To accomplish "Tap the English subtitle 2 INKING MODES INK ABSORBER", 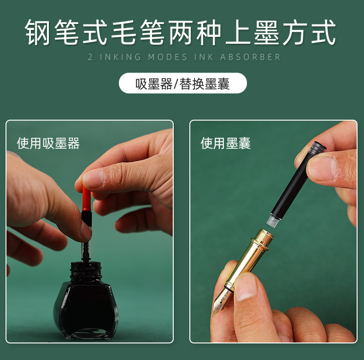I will [184, 57].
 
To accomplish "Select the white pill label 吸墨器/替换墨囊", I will [182, 83].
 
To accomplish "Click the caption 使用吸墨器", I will [48, 143].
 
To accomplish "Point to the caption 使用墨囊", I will [226, 143].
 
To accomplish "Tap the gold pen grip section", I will [249, 255].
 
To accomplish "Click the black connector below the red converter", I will [86, 218].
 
